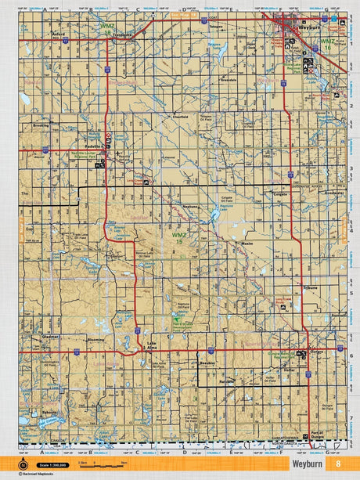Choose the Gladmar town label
[x=50, y=334]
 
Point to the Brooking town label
[x=40, y=125]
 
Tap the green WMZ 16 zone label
[x=327, y=44]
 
